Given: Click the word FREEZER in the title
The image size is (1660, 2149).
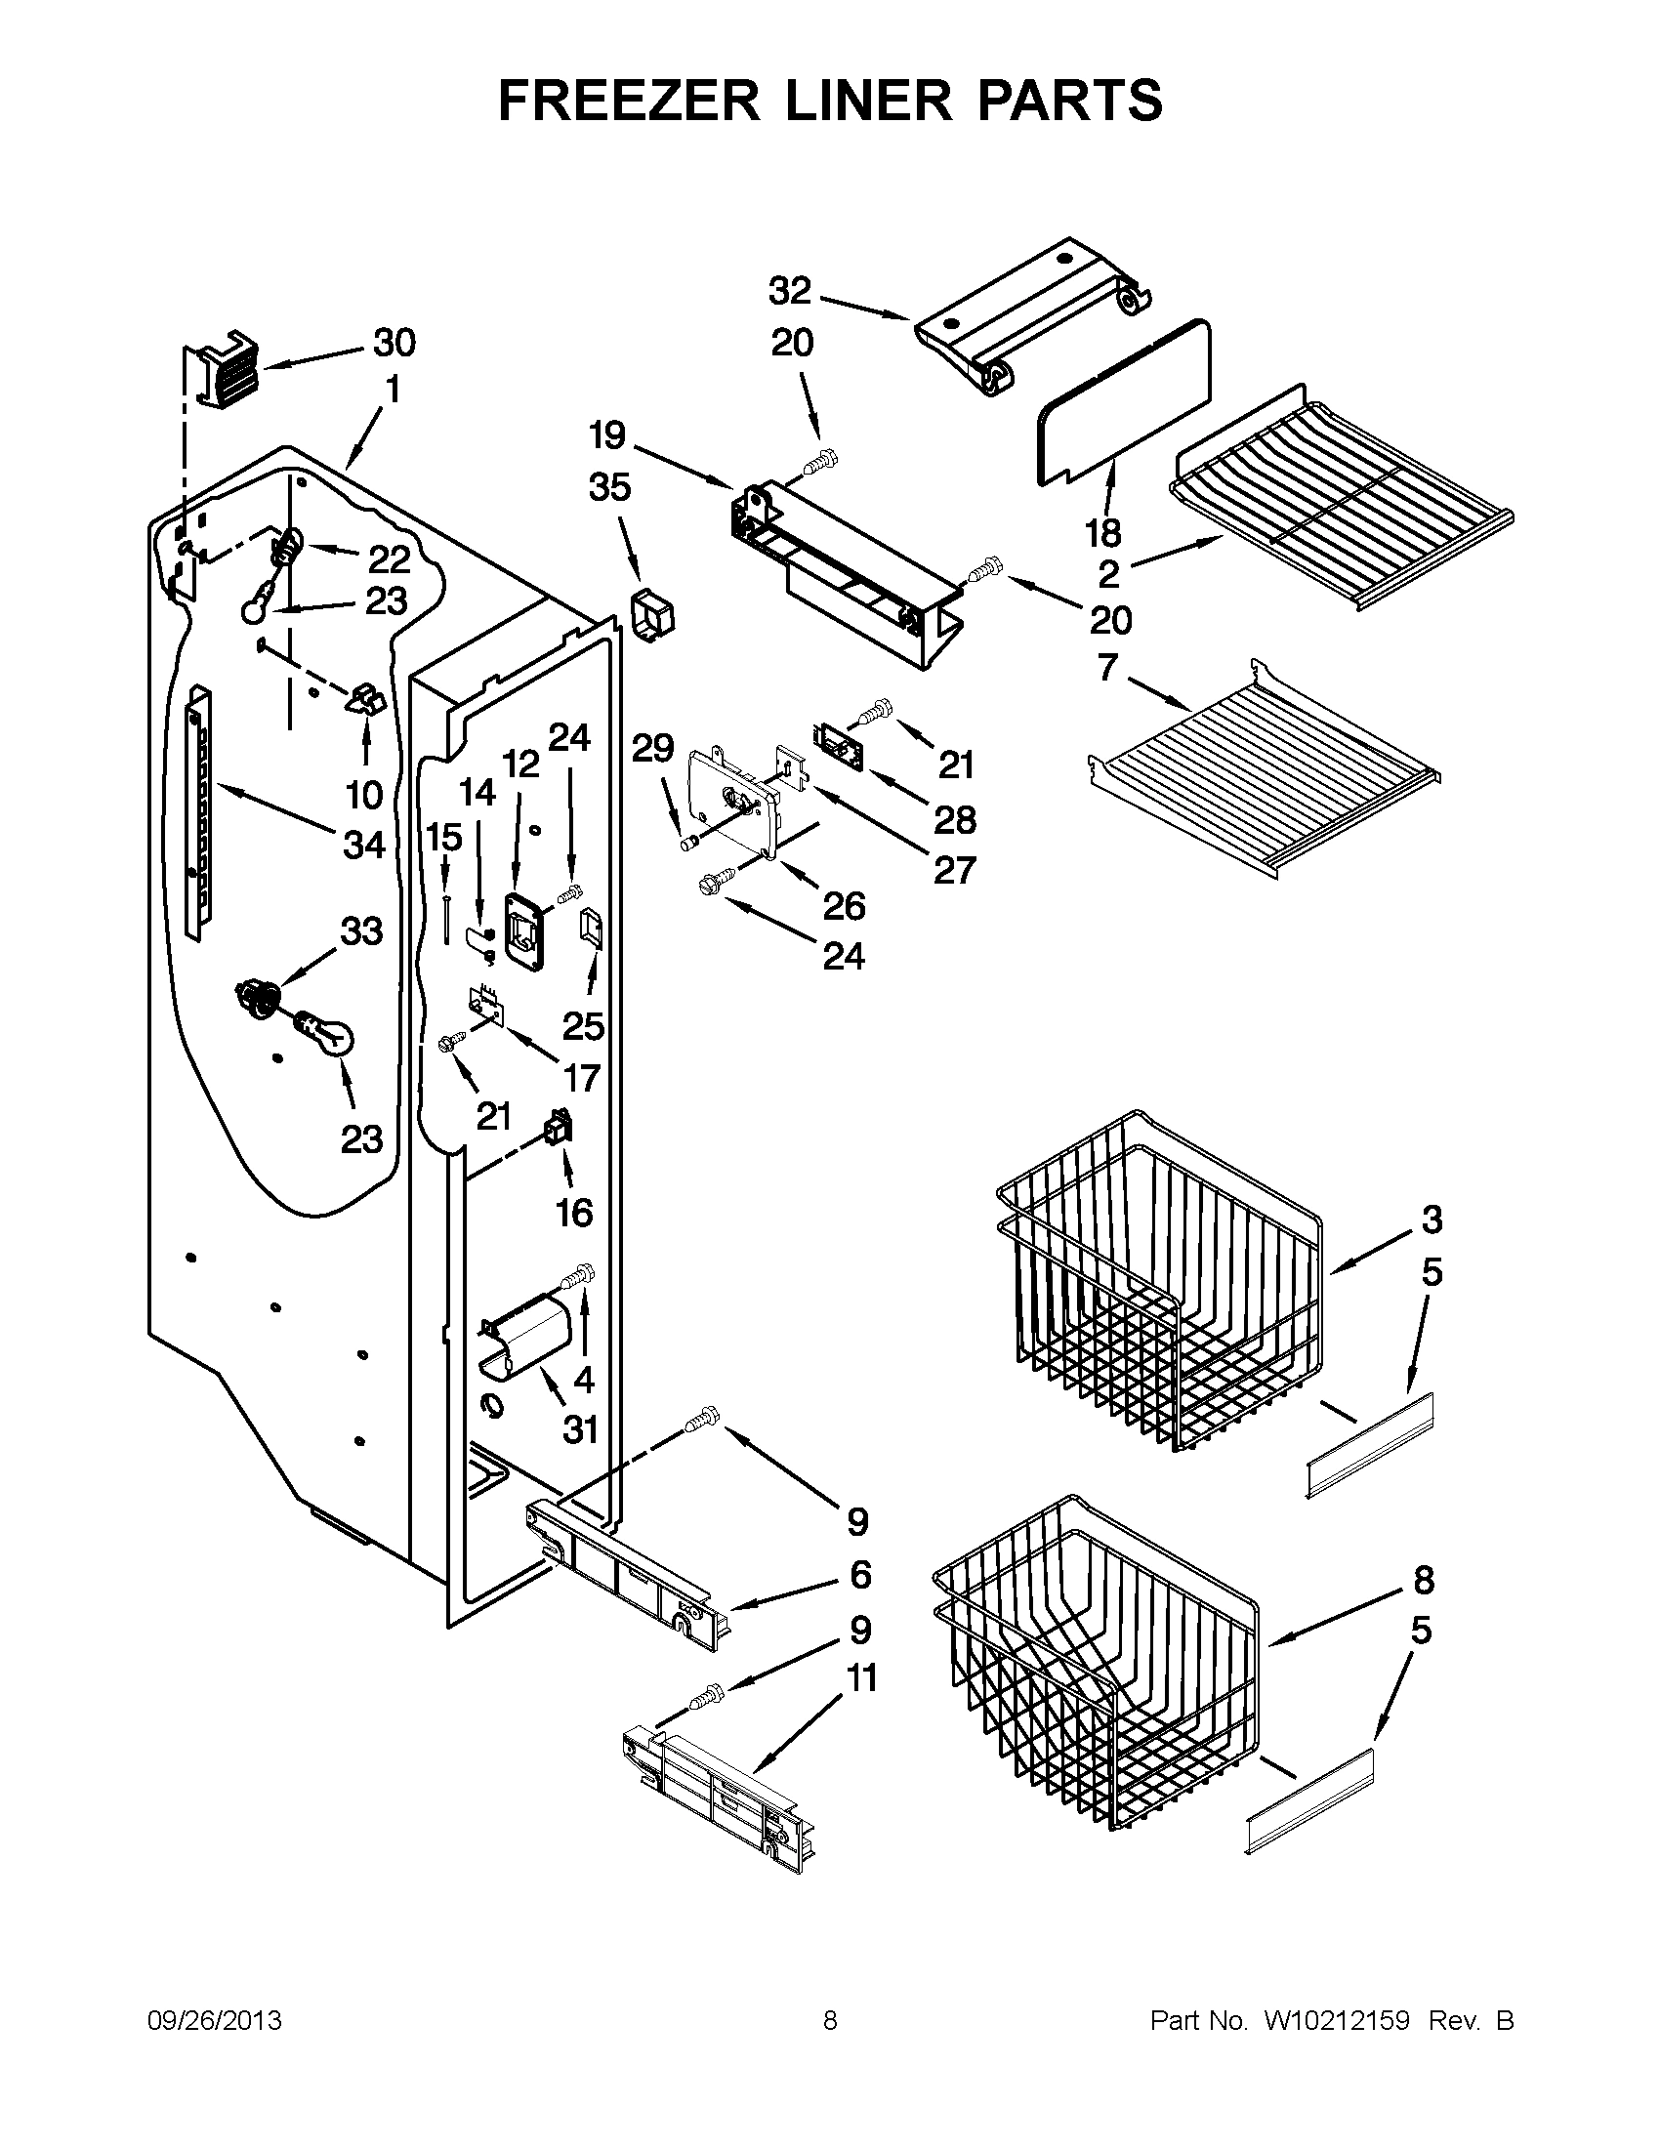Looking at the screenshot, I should click(629, 101).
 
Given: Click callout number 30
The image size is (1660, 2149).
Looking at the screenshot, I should click(394, 344).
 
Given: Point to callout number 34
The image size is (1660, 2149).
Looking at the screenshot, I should click(363, 845).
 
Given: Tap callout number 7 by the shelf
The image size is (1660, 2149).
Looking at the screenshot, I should click(1108, 668).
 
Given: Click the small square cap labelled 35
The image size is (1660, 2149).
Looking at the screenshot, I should click(653, 616).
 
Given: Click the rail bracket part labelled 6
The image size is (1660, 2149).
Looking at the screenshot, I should click(630, 1574).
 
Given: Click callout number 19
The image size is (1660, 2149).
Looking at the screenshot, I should click(608, 434).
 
